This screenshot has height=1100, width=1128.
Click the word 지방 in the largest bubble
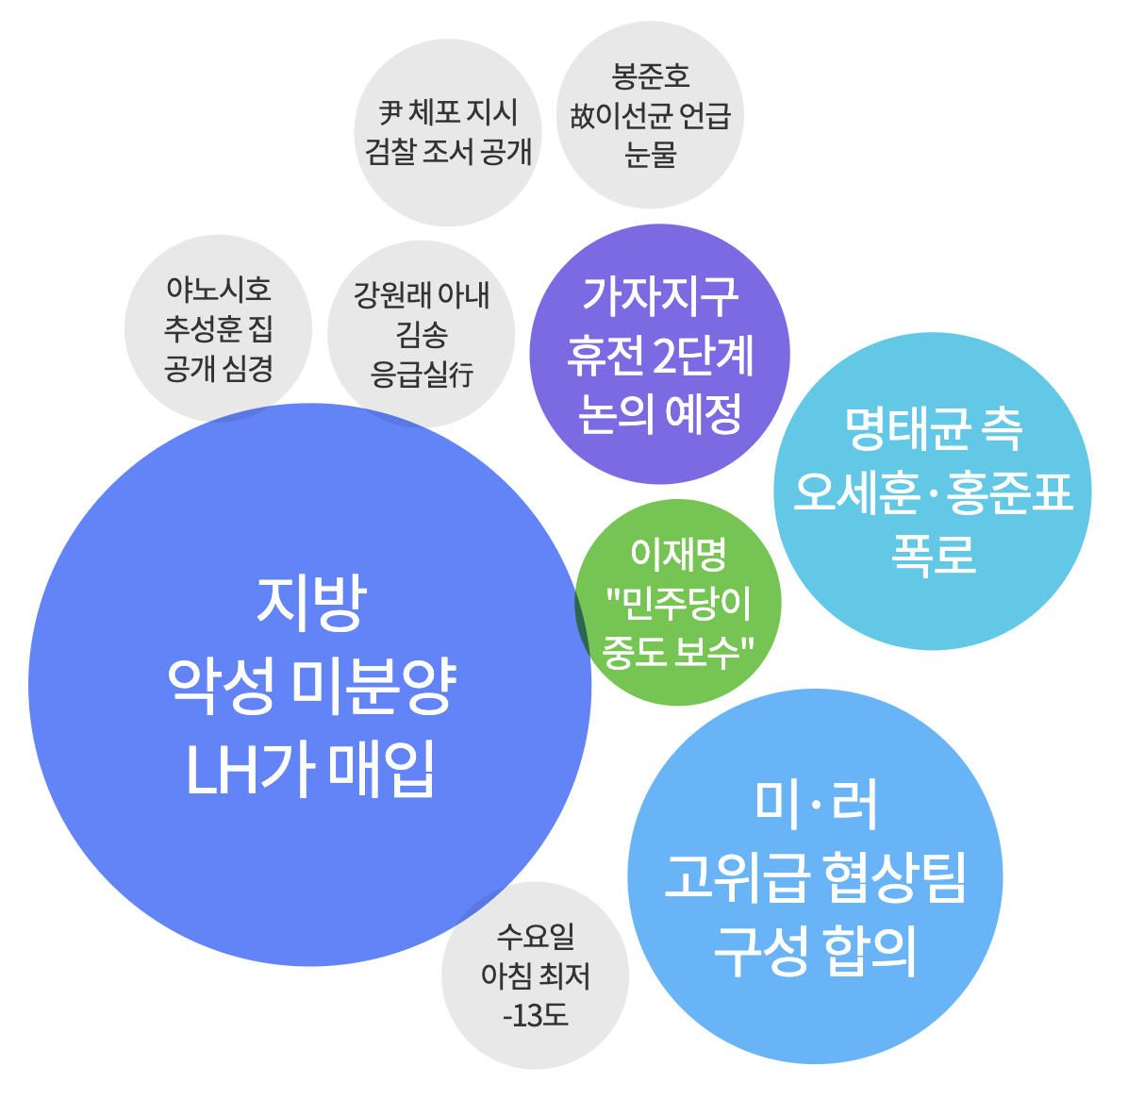click(310, 604)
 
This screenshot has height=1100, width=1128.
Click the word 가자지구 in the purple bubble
click(659, 296)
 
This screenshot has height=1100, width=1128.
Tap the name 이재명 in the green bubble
click(678, 555)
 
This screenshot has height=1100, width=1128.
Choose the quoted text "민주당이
click(678, 603)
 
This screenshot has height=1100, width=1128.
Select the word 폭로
click(933, 554)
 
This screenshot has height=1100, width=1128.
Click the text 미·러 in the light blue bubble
click(816, 805)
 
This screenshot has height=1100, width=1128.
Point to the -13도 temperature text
click(536, 1016)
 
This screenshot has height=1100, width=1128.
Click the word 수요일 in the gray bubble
click(536, 937)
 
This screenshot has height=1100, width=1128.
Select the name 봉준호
click(651, 75)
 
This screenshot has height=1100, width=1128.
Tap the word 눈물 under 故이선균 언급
click(651, 154)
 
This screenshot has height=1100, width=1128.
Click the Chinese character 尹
click(390, 112)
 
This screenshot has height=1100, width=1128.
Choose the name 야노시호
click(219, 289)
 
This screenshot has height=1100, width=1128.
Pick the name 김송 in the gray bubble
click(421, 334)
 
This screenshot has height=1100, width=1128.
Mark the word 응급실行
click(421, 375)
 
